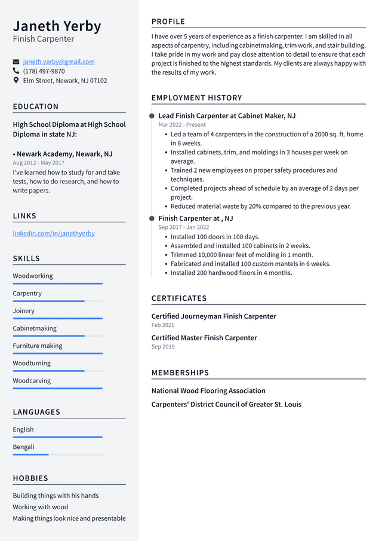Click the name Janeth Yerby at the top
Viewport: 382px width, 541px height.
[x=57, y=26]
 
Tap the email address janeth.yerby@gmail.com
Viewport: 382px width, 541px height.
[x=58, y=62]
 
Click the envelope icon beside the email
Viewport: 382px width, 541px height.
[x=16, y=62]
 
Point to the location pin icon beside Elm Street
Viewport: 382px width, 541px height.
[x=16, y=80]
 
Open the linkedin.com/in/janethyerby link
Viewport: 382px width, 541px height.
[x=54, y=233]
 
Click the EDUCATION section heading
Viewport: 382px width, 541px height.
[x=36, y=106]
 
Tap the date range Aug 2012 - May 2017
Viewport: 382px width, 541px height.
[x=38, y=163]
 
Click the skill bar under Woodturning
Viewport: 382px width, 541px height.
[x=57, y=371]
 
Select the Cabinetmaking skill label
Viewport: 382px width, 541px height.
[x=35, y=328]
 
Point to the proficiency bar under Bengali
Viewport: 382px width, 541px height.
[x=57, y=454]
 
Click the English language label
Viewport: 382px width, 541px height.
[x=23, y=429]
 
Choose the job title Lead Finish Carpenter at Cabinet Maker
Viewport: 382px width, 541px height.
[x=227, y=116]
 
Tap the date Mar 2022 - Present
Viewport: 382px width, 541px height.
[x=182, y=125]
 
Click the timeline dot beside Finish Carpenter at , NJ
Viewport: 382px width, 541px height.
[x=152, y=219]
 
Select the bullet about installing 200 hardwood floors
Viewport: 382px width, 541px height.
[x=231, y=273]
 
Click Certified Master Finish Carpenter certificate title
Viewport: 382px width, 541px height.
[x=204, y=338]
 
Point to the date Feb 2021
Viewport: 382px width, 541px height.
[x=163, y=325]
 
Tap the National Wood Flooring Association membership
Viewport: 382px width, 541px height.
[x=208, y=391]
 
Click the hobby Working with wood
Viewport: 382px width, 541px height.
[x=41, y=507]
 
